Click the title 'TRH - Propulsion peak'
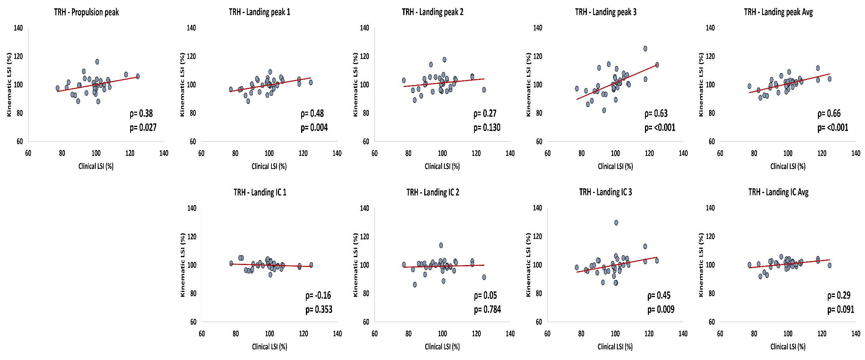pyautogui.click(x=86, y=12)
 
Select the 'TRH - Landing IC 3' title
pyautogui.click(x=605, y=193)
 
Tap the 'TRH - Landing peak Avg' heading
pyautogui.click(x=778, y=12)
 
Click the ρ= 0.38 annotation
pyautogui.click(x=141, y=114)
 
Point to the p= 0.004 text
pyautogui.click(x=314, y=127)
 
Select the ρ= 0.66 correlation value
pyautogui.click(x=829, y=114)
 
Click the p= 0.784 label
pyautogui.click(x=488, y=309)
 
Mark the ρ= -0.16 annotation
pyautogui.click(x=318, y=295)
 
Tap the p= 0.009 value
pyautogui.click(x=661, y=309)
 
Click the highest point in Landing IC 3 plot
pyautogui.click(x=616, y=223)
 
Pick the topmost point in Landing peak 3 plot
pyautogui.click(x=645, y=49)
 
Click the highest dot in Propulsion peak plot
pyautogui.click(x=97, y=62)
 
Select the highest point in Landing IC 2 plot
pyautogui.click(x=441, y=245)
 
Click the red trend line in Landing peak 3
pyautogui.click(x=617, y=81)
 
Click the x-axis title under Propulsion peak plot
pyautogui.click(x=96, y=166)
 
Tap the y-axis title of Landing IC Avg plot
pyautogui.click(x=701, y=265)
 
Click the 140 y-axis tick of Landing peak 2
pyautogui.click(x=364, y=28)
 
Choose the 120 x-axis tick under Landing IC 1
pyautogui.click(x=303, y=333)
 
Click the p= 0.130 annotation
pyautogui.click(x=487, y=127)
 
